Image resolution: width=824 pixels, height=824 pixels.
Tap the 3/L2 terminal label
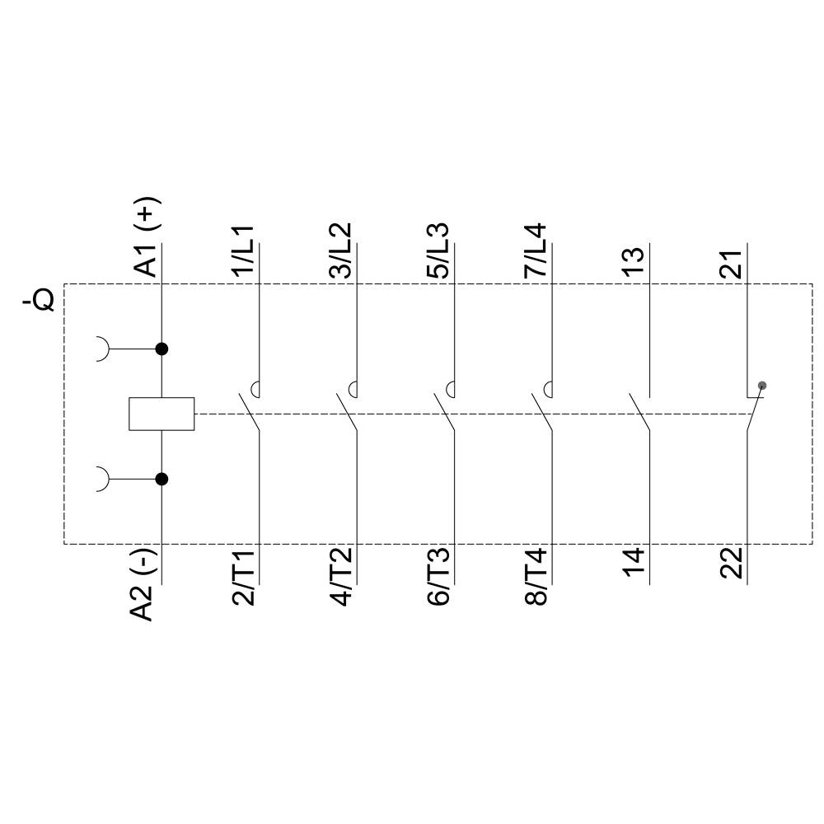[x=341, y=250]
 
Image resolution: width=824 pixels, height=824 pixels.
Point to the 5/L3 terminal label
[x=438, y=250]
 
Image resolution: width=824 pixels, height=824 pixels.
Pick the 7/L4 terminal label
[x=536, y=250]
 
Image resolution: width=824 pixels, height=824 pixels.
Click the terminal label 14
[x=634, y=564]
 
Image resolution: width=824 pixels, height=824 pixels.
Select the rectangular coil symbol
[x=162, y=414]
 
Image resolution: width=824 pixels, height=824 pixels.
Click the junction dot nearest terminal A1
[x=162, y=349]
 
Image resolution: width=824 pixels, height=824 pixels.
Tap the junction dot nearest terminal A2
[x=162, y=479]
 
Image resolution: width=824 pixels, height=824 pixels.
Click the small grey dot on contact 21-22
[x=762, y=385]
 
